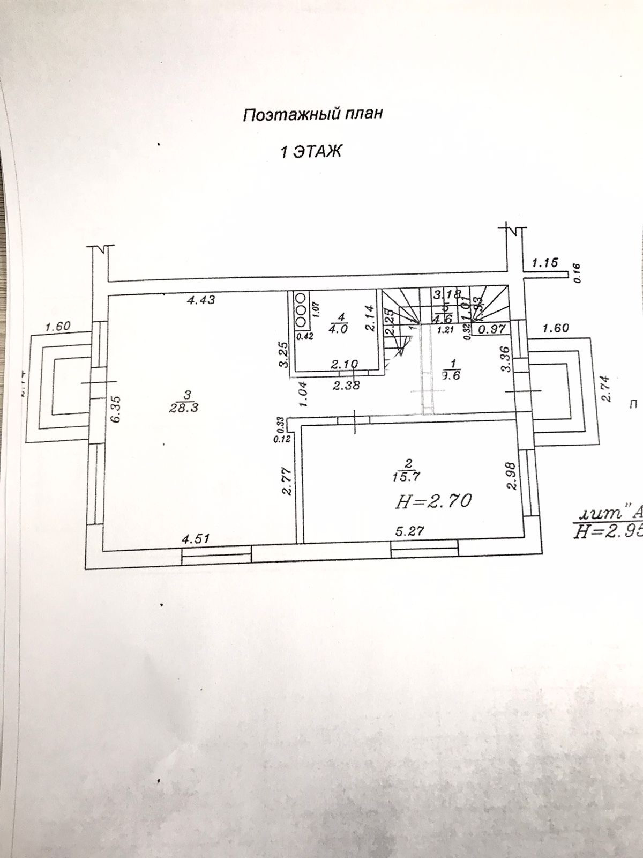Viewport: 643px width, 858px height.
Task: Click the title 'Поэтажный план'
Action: point(313,115)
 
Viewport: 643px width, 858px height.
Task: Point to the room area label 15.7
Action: point(407,474)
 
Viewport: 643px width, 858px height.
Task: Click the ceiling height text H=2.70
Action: point(433,502)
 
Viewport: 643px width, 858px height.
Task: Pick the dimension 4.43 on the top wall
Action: point(201,300)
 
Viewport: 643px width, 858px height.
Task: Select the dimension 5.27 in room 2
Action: point(410,532)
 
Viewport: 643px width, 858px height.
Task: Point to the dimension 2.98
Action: point(512,476)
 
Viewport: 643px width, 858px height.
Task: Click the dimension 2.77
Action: point(287,482)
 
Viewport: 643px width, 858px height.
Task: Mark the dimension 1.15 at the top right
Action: point(545,262)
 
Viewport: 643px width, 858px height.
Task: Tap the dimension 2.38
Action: point(346,385)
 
